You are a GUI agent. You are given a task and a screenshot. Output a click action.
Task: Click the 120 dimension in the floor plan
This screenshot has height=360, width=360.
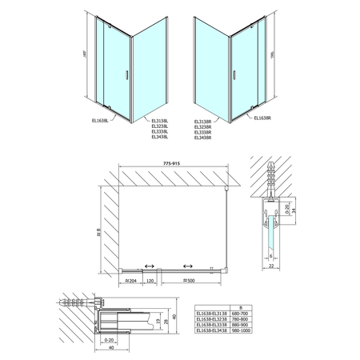point(151,282)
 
